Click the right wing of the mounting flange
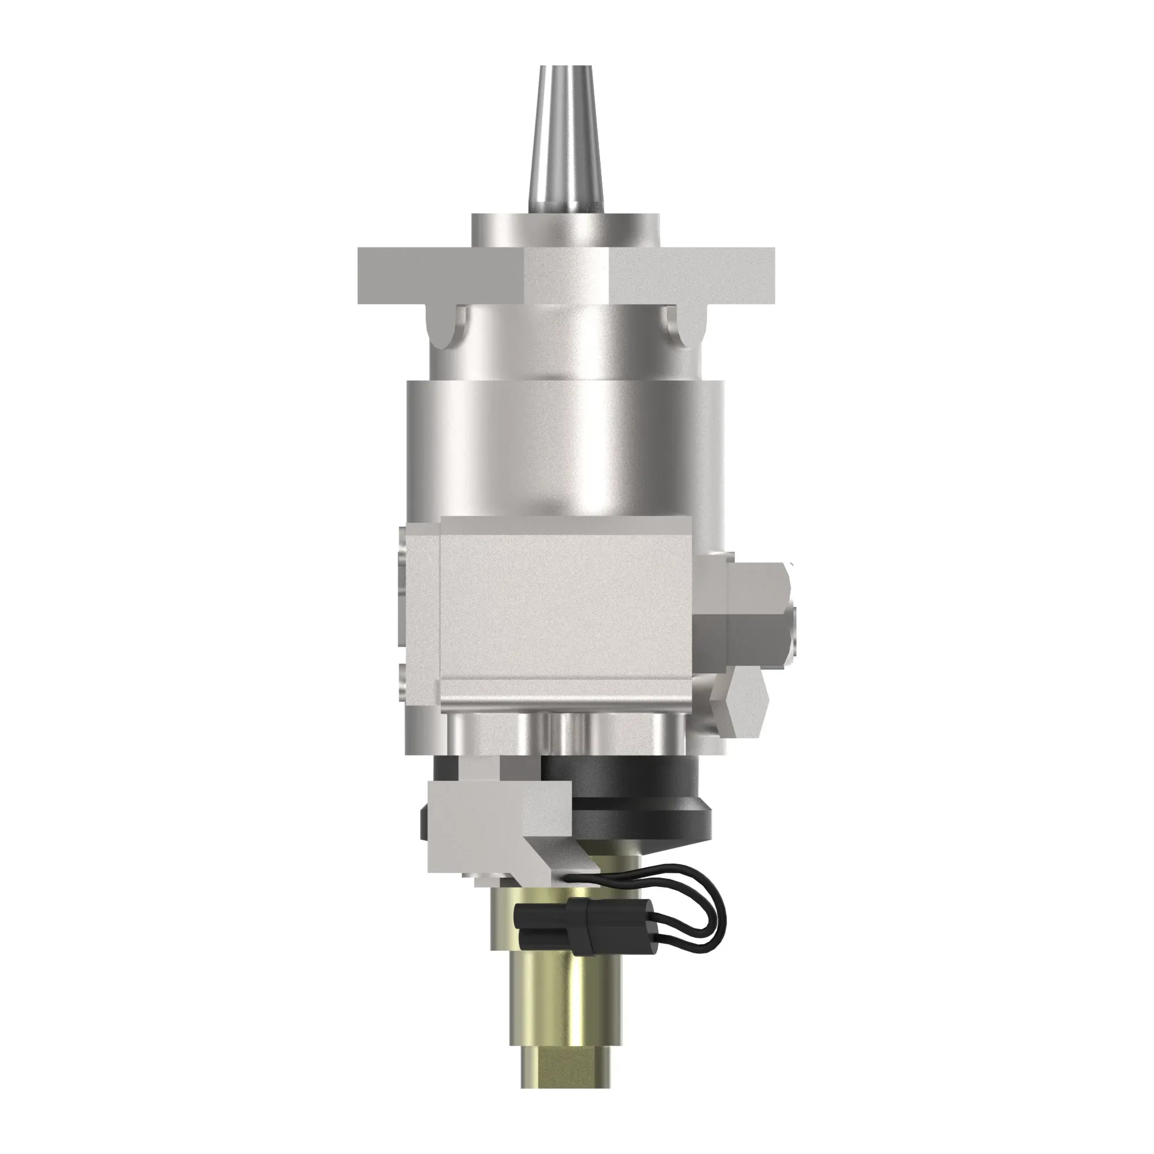click(x=693, y=275)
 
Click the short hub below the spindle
click(x=565, y=230)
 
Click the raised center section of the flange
click(x=566, y=275)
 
